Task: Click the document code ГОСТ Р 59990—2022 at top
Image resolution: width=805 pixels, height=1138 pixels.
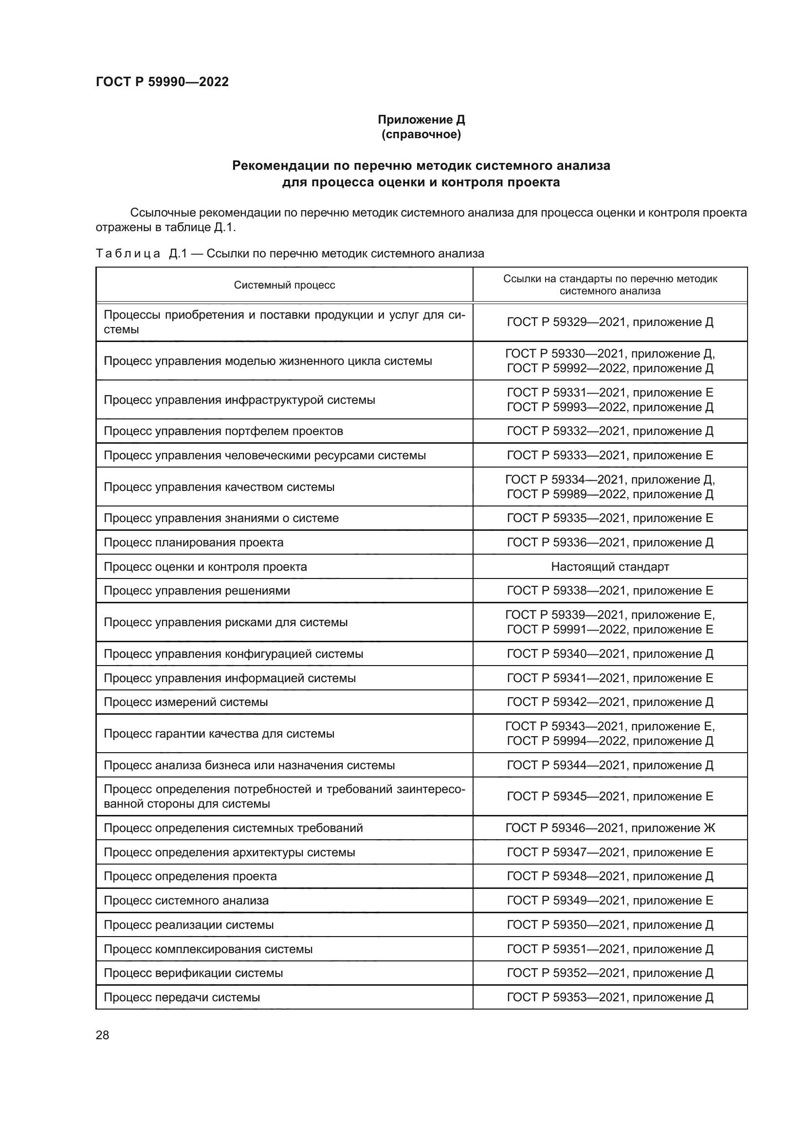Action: (162, 82)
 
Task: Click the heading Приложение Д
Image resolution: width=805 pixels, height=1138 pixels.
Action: (421, 120)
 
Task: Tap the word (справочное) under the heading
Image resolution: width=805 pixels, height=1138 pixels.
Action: (421, 134)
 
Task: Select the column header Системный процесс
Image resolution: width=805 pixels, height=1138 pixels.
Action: (284, 285)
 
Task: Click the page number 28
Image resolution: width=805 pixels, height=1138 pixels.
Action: (102, 1035)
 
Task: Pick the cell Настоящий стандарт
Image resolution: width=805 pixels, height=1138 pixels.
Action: (610, 566)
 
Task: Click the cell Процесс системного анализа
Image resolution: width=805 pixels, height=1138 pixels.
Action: (186, 901)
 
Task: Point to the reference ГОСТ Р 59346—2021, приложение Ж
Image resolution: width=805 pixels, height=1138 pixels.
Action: (610, 828)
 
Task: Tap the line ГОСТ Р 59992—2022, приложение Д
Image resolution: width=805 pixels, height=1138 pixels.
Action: (610, 368)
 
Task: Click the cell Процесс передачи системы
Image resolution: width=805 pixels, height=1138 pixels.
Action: (182, 997)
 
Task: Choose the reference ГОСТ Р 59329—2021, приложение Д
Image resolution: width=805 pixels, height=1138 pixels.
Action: (610, 322)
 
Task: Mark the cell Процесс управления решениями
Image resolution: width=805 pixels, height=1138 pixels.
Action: (197, 591)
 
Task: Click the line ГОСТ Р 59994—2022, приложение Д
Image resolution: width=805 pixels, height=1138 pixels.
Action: (610, 741)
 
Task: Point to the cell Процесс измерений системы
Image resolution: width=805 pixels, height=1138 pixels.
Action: (185, 702)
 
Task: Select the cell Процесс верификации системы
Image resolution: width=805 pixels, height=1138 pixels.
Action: (193, 973)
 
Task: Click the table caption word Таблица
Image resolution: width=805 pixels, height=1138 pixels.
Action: (128, 254)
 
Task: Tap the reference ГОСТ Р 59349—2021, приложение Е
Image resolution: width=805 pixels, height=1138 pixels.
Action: (610, 901)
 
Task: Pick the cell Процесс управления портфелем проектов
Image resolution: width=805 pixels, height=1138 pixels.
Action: (223, 431)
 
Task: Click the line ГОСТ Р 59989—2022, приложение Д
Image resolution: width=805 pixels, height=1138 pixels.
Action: (610, 494)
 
